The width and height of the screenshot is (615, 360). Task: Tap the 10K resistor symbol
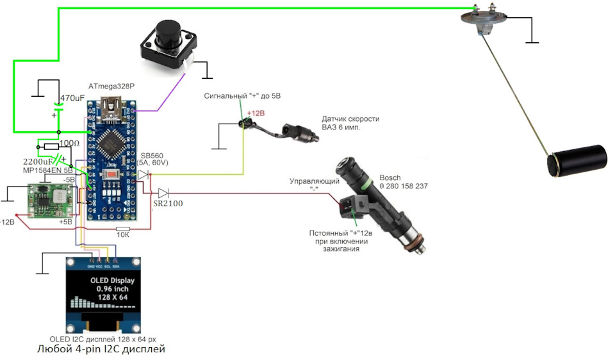click(x=122, y=229)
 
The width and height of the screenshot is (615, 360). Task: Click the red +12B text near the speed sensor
click(x=256, y=113)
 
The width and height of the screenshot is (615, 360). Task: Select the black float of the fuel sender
click(x=576, y=161)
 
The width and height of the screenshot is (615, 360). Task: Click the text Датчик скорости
click(x=350, y=119)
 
